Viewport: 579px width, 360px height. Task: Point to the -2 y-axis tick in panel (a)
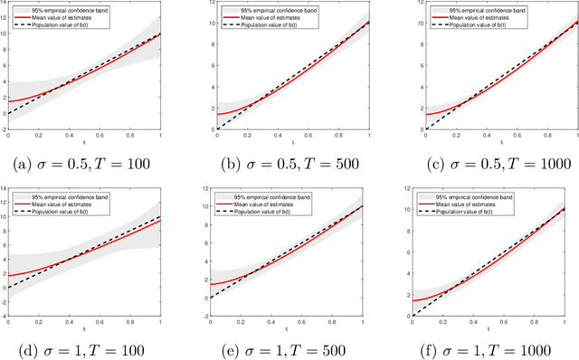(5, 129)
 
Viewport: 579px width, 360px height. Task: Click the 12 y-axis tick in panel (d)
(4, 187)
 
